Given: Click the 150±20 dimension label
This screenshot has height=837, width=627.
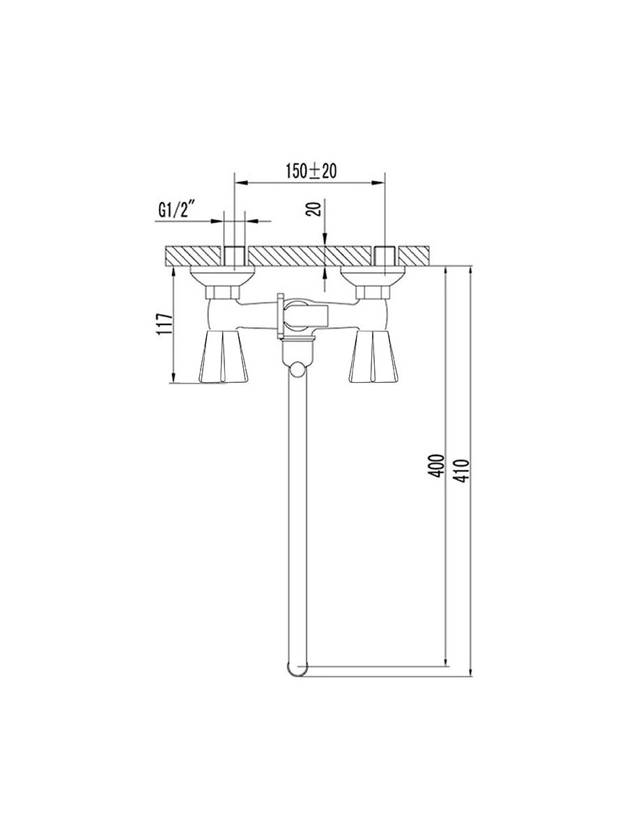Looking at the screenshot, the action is coord(311,171).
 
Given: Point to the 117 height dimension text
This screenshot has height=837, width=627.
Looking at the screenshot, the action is coord(164,324).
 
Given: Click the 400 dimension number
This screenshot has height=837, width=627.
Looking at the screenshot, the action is coord(436,466).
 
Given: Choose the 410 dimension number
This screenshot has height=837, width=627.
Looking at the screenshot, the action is coord(462,471).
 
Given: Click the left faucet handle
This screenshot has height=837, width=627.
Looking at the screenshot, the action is coord(224,356).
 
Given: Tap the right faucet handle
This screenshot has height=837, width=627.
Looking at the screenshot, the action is coord(373,356).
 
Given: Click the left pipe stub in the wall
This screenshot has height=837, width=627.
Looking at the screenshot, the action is coord(234,256).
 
